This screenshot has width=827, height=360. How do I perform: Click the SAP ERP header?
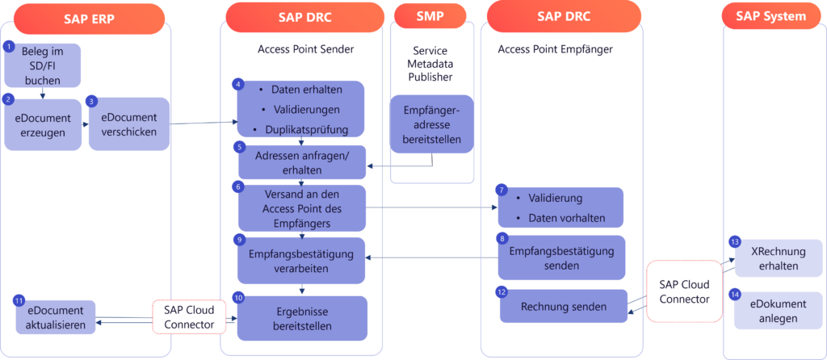(86, 17)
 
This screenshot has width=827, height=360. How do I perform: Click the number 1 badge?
(10, 47)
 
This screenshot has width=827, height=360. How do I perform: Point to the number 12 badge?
(502, 292)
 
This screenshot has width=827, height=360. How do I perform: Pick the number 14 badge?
(734, 294)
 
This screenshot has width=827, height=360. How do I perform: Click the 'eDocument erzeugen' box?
(43, 125)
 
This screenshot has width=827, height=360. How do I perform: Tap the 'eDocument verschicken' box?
(129, 124)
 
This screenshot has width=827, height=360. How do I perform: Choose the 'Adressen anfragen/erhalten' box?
(301, 162)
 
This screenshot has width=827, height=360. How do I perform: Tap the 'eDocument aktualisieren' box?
(54, 317)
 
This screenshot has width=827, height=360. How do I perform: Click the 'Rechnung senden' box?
(563, 306)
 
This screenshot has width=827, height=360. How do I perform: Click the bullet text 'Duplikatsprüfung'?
(306, 129)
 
